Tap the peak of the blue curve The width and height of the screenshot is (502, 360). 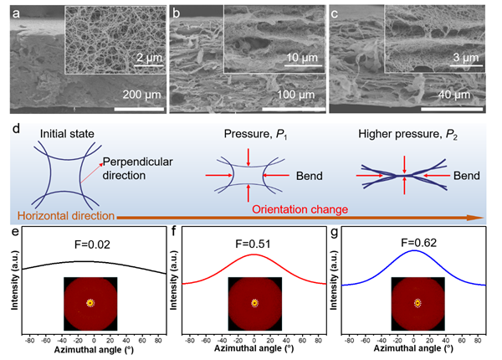pyautogui.click(x=414, y=250)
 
